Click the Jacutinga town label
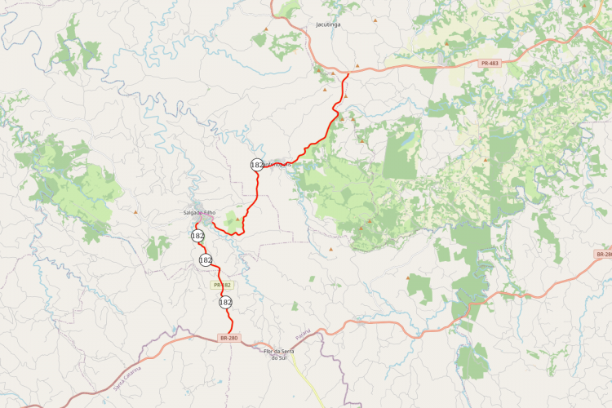328,25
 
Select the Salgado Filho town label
199,213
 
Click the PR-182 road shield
221,285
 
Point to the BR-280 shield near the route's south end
229,338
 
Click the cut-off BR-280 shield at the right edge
604,255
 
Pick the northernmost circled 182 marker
257,165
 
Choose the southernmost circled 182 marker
225,302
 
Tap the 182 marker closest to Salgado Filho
197,236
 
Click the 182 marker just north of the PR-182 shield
206,259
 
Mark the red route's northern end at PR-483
348,74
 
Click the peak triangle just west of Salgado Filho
135,212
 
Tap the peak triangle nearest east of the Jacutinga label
375,20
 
